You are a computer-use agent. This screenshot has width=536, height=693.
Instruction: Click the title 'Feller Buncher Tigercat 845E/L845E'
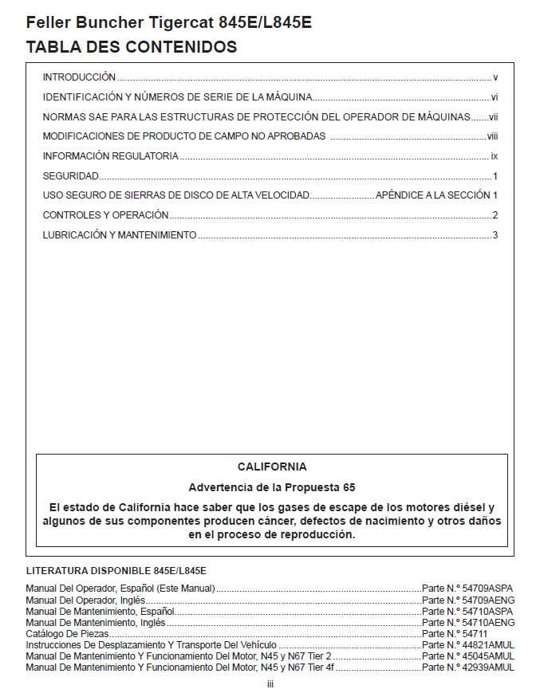168,22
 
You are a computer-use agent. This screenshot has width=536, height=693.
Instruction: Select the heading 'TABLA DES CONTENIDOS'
132,47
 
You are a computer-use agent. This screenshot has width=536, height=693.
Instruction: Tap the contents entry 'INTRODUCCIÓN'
79,77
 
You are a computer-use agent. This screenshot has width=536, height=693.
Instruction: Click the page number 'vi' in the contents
495,97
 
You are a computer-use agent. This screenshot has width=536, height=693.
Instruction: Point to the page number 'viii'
492,136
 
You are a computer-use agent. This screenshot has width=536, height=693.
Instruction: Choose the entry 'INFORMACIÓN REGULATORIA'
110,156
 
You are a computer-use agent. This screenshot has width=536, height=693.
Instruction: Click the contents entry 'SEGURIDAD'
70,175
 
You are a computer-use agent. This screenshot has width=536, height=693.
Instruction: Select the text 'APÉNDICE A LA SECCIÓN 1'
436,195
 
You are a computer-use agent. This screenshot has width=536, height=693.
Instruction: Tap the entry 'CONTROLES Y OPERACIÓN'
105,215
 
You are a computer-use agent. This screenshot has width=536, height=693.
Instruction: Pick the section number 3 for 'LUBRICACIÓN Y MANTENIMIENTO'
495,235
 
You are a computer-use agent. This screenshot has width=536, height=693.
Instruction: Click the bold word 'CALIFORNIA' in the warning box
271,467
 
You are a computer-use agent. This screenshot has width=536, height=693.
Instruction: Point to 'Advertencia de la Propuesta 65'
271,487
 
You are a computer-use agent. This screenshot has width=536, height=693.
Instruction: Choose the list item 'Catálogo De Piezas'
67,633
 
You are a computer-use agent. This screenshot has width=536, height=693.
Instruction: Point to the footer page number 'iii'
270,683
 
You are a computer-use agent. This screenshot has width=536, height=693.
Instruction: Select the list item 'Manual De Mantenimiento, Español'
100,611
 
